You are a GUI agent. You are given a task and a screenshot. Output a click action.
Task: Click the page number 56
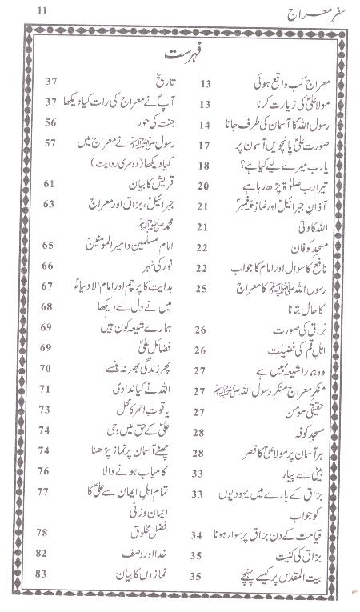[50, 123]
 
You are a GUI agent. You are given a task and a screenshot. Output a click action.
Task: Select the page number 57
[50, 143]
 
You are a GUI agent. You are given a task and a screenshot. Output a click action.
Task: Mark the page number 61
[50, 184]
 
